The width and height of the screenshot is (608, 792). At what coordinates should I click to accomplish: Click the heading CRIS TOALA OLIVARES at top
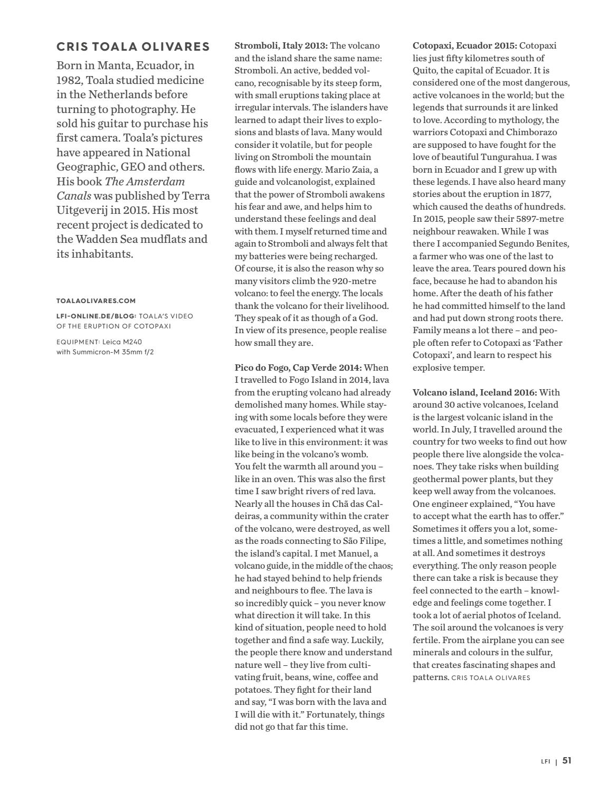[x=133, y=46]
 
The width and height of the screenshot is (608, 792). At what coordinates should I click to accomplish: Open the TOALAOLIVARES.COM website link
[x=96, y=301]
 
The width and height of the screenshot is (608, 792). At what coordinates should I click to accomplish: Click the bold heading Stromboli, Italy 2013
[x=281, y=46]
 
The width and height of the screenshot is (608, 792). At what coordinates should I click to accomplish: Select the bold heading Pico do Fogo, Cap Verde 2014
[x=298, y=367]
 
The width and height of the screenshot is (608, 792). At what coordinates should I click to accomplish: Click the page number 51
[x=567, y=761]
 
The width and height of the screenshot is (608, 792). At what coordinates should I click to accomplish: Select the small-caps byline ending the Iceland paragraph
[x=491, y=677]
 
